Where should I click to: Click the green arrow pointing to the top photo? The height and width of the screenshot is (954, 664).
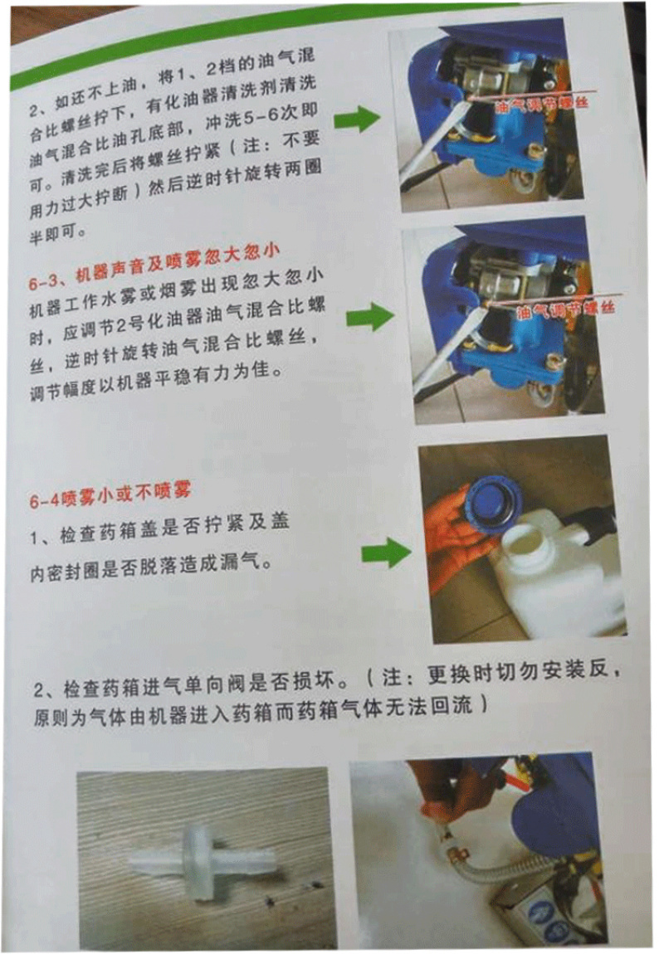(x=356, y=117)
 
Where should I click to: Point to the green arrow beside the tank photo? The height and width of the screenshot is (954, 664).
(x=386, y=552)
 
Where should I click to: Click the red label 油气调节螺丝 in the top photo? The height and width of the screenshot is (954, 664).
(x=543, y=104)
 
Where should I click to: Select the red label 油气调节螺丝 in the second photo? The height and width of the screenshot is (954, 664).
(x=565, y=310)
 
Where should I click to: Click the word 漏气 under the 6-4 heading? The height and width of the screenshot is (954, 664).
(x=243, y=562)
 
